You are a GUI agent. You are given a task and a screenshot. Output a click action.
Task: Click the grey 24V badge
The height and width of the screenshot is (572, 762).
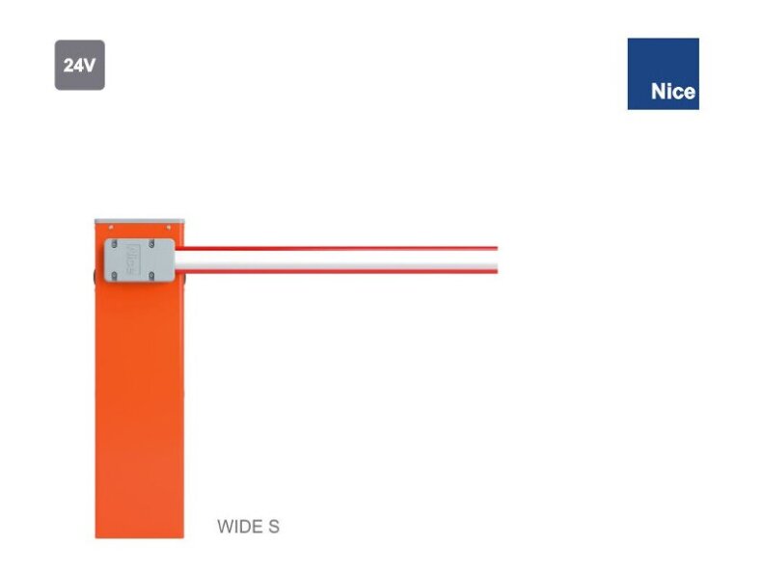tap(79, 66)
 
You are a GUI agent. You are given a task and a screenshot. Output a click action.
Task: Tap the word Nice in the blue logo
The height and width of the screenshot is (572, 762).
tap(672, 93)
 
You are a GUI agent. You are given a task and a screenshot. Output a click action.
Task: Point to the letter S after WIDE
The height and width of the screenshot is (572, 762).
tap(274, 527)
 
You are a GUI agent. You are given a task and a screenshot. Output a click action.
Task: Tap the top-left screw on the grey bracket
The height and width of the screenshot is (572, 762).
tap(113, 245)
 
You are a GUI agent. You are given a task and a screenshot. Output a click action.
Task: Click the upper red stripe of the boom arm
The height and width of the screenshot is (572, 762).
tap(338, 249)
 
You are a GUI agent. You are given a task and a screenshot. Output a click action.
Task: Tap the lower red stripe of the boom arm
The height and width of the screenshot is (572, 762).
tap(338, 272)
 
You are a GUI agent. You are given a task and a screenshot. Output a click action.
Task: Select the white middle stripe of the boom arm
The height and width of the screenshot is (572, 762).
tap(338, 260)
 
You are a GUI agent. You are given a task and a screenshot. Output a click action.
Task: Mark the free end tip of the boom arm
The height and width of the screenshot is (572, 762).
tap(496, 260)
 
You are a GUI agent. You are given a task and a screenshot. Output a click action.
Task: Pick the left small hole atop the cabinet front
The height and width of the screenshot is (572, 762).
tap(109, 229)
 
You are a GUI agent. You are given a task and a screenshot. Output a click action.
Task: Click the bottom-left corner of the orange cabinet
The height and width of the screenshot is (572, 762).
tap(96, 536)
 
